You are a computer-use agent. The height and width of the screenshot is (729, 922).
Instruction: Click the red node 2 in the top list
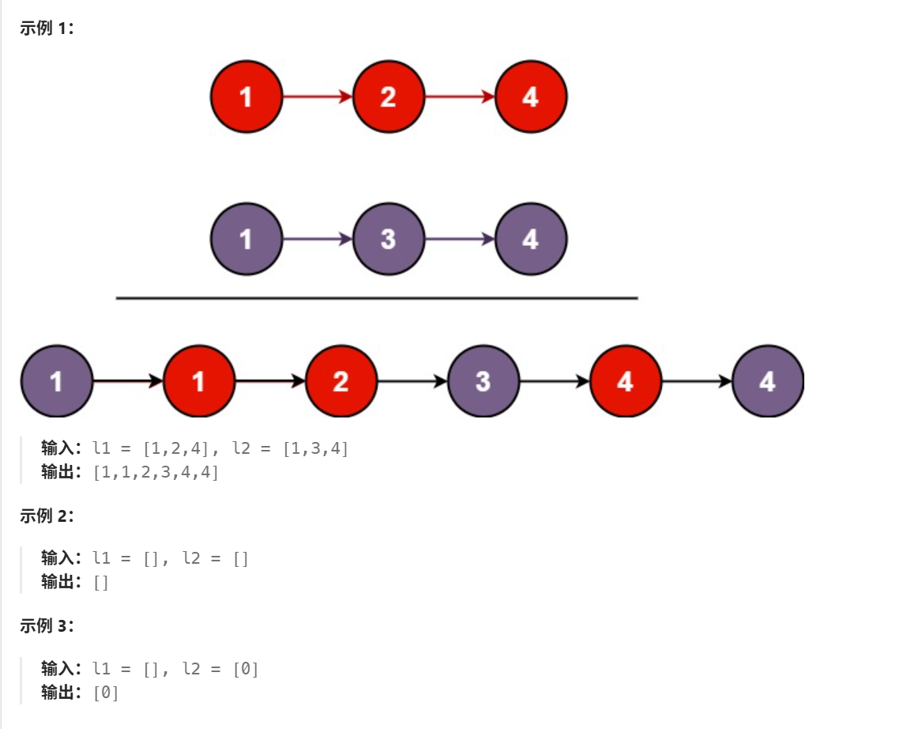tap(388, 97)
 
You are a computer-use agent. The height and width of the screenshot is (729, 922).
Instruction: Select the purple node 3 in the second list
tap(388, 239)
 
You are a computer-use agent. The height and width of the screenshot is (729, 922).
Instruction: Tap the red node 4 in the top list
tap(530, 97)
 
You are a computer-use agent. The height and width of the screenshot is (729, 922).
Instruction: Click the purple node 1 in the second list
tap(246, 239)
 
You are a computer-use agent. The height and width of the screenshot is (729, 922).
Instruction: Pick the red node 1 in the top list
tap(246, 97)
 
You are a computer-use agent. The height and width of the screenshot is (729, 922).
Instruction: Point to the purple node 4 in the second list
tap(530, 239)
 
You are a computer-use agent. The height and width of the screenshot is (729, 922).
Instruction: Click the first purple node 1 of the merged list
tap(56, 381)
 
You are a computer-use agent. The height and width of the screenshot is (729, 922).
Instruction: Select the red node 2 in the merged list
tap(341, 381)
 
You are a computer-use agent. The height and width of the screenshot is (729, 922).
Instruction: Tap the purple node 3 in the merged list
tap(483, 381)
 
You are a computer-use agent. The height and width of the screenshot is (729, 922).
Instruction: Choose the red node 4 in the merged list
tap(625, 381)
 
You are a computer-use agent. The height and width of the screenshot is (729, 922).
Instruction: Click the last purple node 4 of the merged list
tap(767, 381)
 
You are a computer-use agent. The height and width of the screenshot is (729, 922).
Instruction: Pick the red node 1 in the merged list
tap(198, 381)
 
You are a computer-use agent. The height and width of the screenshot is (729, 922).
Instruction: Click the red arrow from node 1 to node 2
tap(317, 97)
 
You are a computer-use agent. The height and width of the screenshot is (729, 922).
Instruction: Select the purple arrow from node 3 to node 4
tap(459, 239)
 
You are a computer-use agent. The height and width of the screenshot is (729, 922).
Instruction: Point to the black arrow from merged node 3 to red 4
tap(554, 381)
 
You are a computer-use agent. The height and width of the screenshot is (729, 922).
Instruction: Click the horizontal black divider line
tap(376, 298)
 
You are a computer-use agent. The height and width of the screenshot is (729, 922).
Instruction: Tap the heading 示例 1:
tap(47, 30)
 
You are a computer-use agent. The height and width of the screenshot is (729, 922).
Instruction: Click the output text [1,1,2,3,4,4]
tap(156, 472)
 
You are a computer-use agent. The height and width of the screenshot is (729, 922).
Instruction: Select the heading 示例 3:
tap(47, 626)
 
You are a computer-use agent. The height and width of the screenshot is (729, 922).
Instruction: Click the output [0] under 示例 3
tap(106, 693)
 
